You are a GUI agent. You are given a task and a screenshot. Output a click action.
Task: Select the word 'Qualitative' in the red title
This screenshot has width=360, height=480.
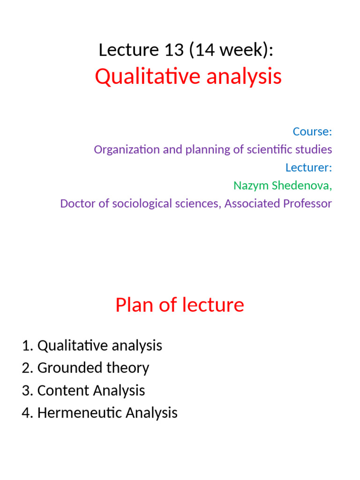point(139,77)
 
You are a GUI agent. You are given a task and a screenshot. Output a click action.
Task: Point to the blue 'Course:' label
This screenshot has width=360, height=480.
point(312,132)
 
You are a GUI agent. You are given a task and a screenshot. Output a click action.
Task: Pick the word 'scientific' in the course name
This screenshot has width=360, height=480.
point(276,150)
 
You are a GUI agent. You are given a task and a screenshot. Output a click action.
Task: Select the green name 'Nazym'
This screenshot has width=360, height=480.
point(251,186)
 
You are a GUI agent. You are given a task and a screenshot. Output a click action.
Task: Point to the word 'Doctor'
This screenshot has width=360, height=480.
point(76,203)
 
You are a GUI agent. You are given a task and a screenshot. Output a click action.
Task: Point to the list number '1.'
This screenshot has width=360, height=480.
point(27,346)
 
